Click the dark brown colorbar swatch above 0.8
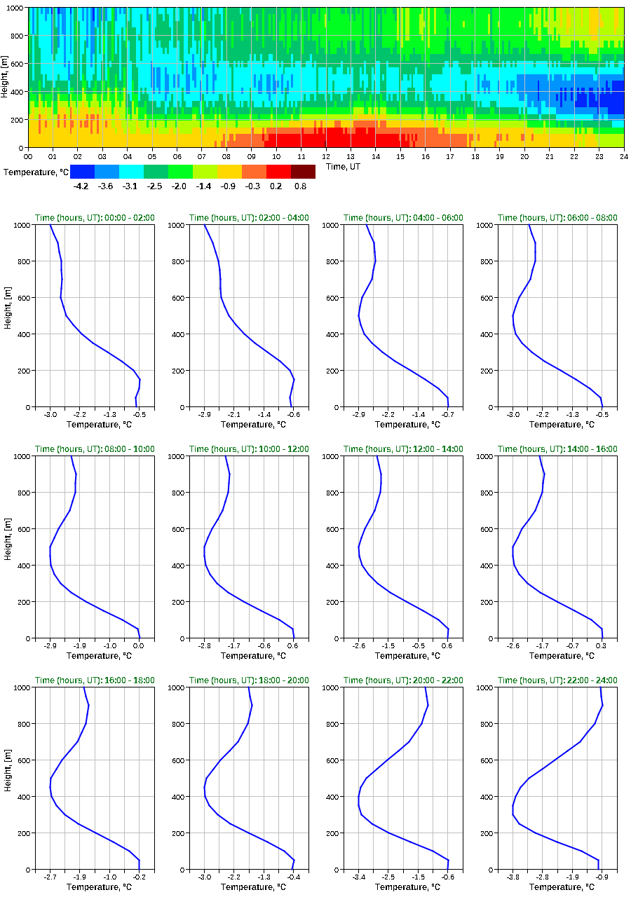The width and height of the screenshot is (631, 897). (303, 171)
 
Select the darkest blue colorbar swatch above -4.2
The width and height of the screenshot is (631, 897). (82, 171)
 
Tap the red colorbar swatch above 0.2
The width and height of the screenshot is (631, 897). (278, 171)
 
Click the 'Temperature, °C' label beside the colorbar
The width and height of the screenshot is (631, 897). (35, 171)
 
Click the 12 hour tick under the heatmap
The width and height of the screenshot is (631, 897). (326, 156)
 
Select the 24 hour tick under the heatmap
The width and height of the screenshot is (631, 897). (623, 156)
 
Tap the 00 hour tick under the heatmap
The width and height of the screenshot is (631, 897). (29, 156)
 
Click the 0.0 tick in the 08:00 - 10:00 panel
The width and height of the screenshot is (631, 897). (139, 646)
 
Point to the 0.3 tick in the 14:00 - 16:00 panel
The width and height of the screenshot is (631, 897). (601, 646)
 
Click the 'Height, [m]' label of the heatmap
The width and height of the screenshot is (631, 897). (6, 78)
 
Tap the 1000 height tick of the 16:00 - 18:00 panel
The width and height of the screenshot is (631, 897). (19, 687)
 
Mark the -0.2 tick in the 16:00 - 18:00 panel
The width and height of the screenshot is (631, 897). (139, 877)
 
